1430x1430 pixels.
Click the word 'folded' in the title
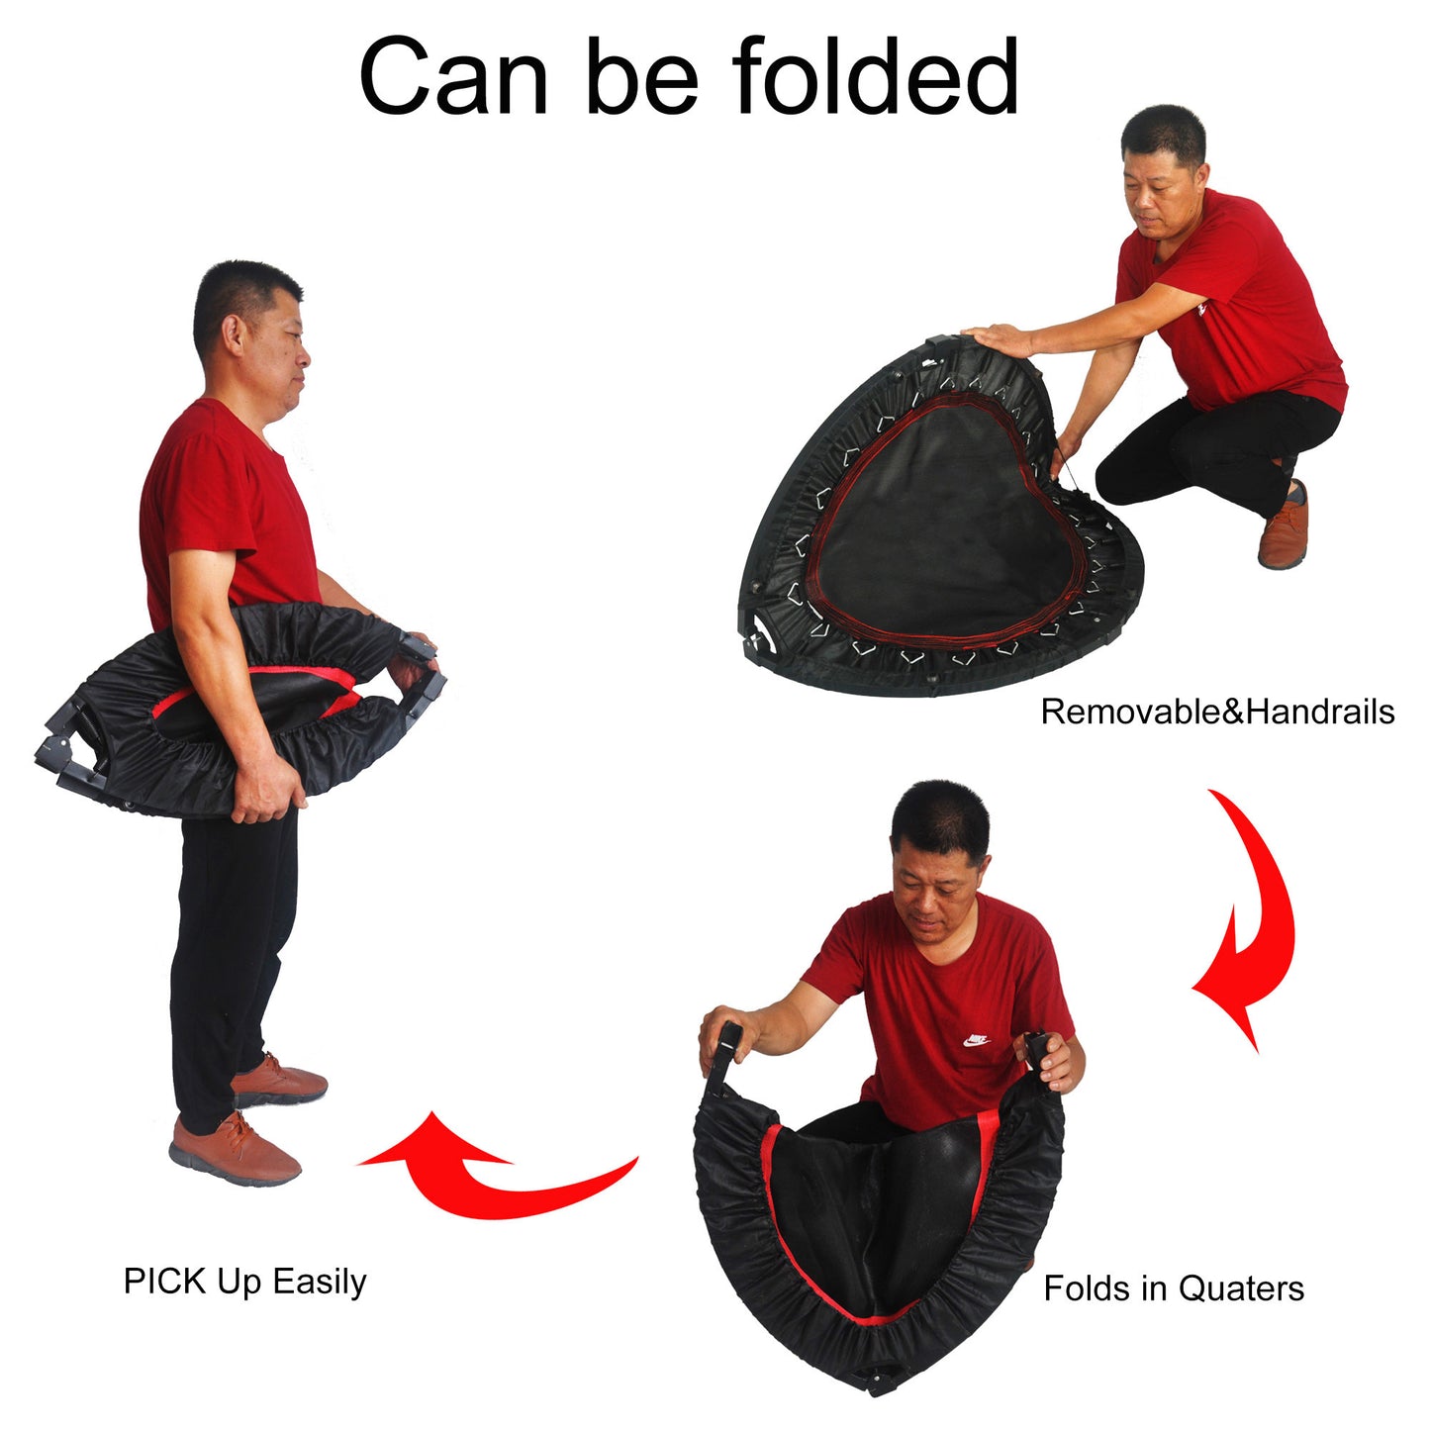click(875, 77)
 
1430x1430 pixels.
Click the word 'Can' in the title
click(453, 77)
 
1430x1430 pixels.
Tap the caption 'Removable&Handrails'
click(1216, 712)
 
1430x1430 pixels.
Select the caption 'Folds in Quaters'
click(1174, 1288)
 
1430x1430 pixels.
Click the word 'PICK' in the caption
click(165, 1281)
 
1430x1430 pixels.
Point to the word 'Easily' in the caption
click(320, 1281)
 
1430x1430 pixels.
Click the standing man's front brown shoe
click(236, 1151)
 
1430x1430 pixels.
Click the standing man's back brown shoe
click(281, 1082)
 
